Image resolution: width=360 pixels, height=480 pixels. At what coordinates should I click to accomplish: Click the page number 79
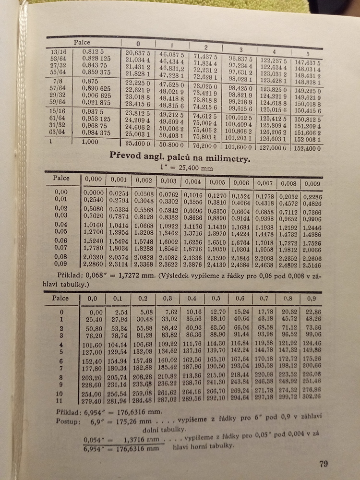point(323,464)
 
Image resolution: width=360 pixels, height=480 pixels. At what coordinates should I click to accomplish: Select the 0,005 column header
point(217,182)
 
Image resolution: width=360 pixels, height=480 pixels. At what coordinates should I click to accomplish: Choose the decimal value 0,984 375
point(96,133)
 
